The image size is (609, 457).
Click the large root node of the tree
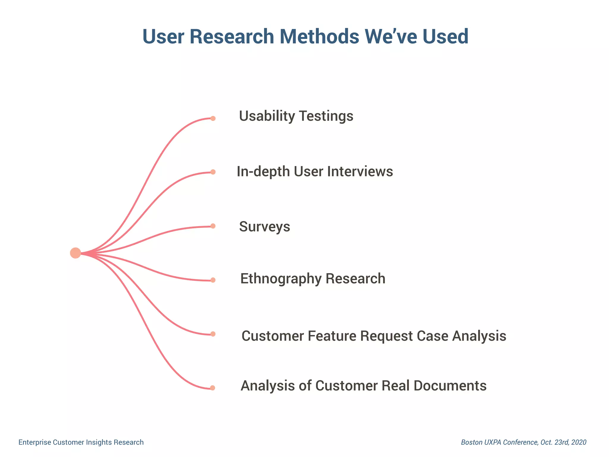click(76, 253)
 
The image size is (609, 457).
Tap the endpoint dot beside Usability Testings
click(213, 118)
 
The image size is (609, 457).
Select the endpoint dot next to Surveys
click(213, 226)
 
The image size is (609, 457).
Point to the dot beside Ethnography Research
click(213, 280)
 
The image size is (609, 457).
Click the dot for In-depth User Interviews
click(213, 172)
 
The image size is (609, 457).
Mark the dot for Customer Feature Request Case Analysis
click(213, 334)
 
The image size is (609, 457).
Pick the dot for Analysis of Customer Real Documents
click(213, 388)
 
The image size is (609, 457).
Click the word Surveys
click(264, 227)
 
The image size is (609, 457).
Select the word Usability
click(266, 116)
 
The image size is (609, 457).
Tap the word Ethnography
click(281, 279)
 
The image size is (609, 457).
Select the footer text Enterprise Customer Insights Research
click(81, 442)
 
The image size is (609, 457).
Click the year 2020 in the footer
click(579, 442)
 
